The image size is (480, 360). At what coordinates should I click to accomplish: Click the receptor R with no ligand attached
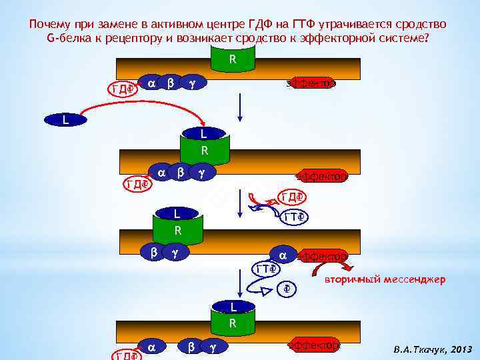(x=232, y=60)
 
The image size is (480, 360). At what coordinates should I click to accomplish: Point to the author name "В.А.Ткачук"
(x=420, y=349)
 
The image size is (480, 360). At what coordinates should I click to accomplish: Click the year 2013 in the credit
(x=461, y=349)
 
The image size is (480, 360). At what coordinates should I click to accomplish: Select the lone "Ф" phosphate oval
(x=285, y=289)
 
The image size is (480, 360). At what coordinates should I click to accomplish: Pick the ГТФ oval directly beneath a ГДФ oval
(x=293, y=217)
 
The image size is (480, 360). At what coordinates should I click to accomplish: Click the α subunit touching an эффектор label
(x=283, y=255)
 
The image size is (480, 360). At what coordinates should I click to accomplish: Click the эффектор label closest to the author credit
(x=313, y=345)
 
